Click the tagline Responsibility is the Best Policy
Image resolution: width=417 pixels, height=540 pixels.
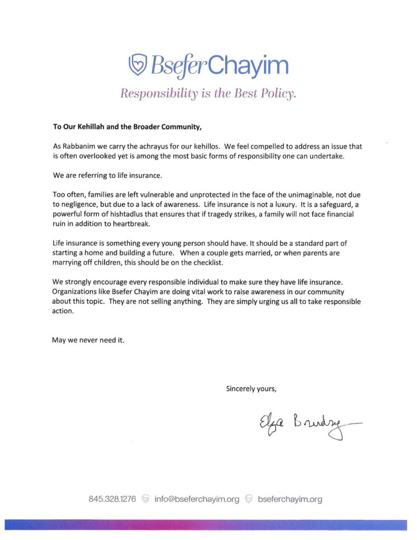coord(208,93)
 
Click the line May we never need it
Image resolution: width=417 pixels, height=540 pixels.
coord(88,340)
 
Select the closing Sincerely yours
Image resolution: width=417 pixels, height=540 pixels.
coord(251,389)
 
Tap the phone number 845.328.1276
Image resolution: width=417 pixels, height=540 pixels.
coord(113,499)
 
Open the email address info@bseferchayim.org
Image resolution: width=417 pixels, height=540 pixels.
coord(197,499)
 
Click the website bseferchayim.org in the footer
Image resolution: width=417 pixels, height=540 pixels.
coord(290,499)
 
